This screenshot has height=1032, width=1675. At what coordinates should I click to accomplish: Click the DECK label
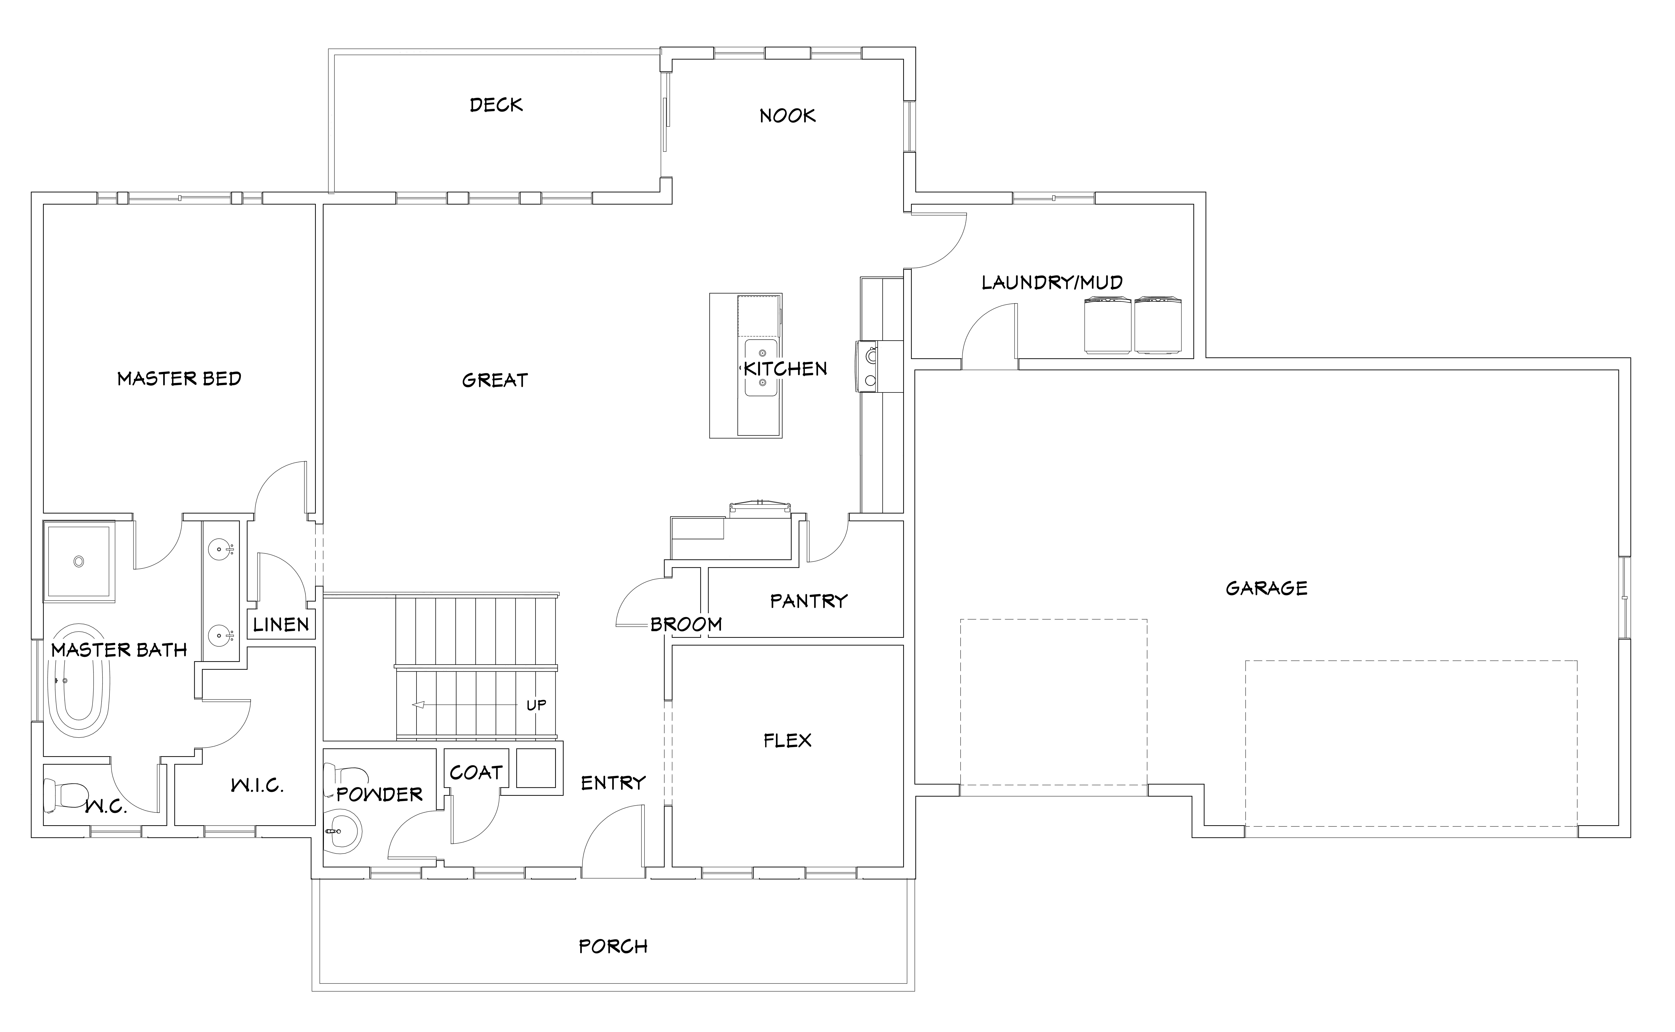(496, 105)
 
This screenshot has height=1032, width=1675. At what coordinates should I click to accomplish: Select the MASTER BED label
(180, 379)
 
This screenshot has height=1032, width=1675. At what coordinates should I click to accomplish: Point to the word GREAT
(495, 380)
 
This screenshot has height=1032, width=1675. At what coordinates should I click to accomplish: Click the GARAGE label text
(1267, 588)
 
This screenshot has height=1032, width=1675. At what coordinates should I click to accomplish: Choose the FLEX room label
(787, 741)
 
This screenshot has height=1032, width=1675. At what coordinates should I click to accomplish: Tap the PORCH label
(613, 947)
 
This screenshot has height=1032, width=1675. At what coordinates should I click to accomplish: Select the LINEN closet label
(281, 625)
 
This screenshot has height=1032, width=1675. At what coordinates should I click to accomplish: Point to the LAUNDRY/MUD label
(1052, 283)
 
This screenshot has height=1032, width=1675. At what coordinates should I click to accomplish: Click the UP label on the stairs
(536, 705)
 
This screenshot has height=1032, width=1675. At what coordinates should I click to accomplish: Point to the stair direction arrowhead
(418, 705)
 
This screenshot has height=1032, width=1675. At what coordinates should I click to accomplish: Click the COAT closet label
(476, 773)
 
